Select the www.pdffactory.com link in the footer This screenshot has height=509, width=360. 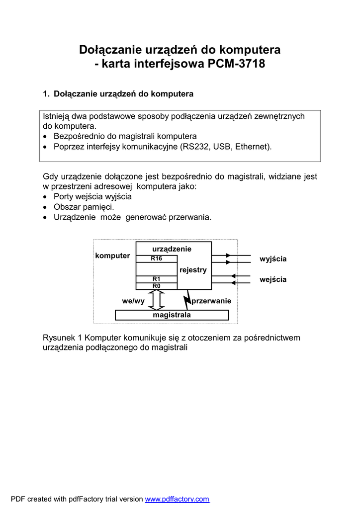pyautogui.click(x=177, y=499)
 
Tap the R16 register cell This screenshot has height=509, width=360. pyautogui.click(x=157, y=258)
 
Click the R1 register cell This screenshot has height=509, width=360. pyautogui.click(x=157, y=279)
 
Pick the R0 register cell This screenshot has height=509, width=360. pyautogui.click(x=157, y=286)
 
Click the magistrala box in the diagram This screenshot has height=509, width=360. pyautogui.click(x=172, y=315)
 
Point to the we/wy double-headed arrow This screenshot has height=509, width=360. pyautogui.click(x=156, y=300)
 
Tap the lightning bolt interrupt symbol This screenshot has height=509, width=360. pyautogui.click(x=188, y=300)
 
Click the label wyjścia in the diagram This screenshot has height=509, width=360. pyautogui.click(x=273, y=259)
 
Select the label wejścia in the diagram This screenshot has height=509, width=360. pyautogui.click(x=273, y=280)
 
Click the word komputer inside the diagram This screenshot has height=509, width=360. pyautogui.click(x=112, y=255)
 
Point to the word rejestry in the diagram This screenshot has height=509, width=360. pyautogui.click(x=193, y=270)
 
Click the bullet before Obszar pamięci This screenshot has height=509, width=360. pyautogui.click(x=46, y=207)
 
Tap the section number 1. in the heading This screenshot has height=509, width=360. pyautogui.click(x=46, y=94)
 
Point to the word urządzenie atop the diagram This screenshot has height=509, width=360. pyautogui.click(x=172, y=249)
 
